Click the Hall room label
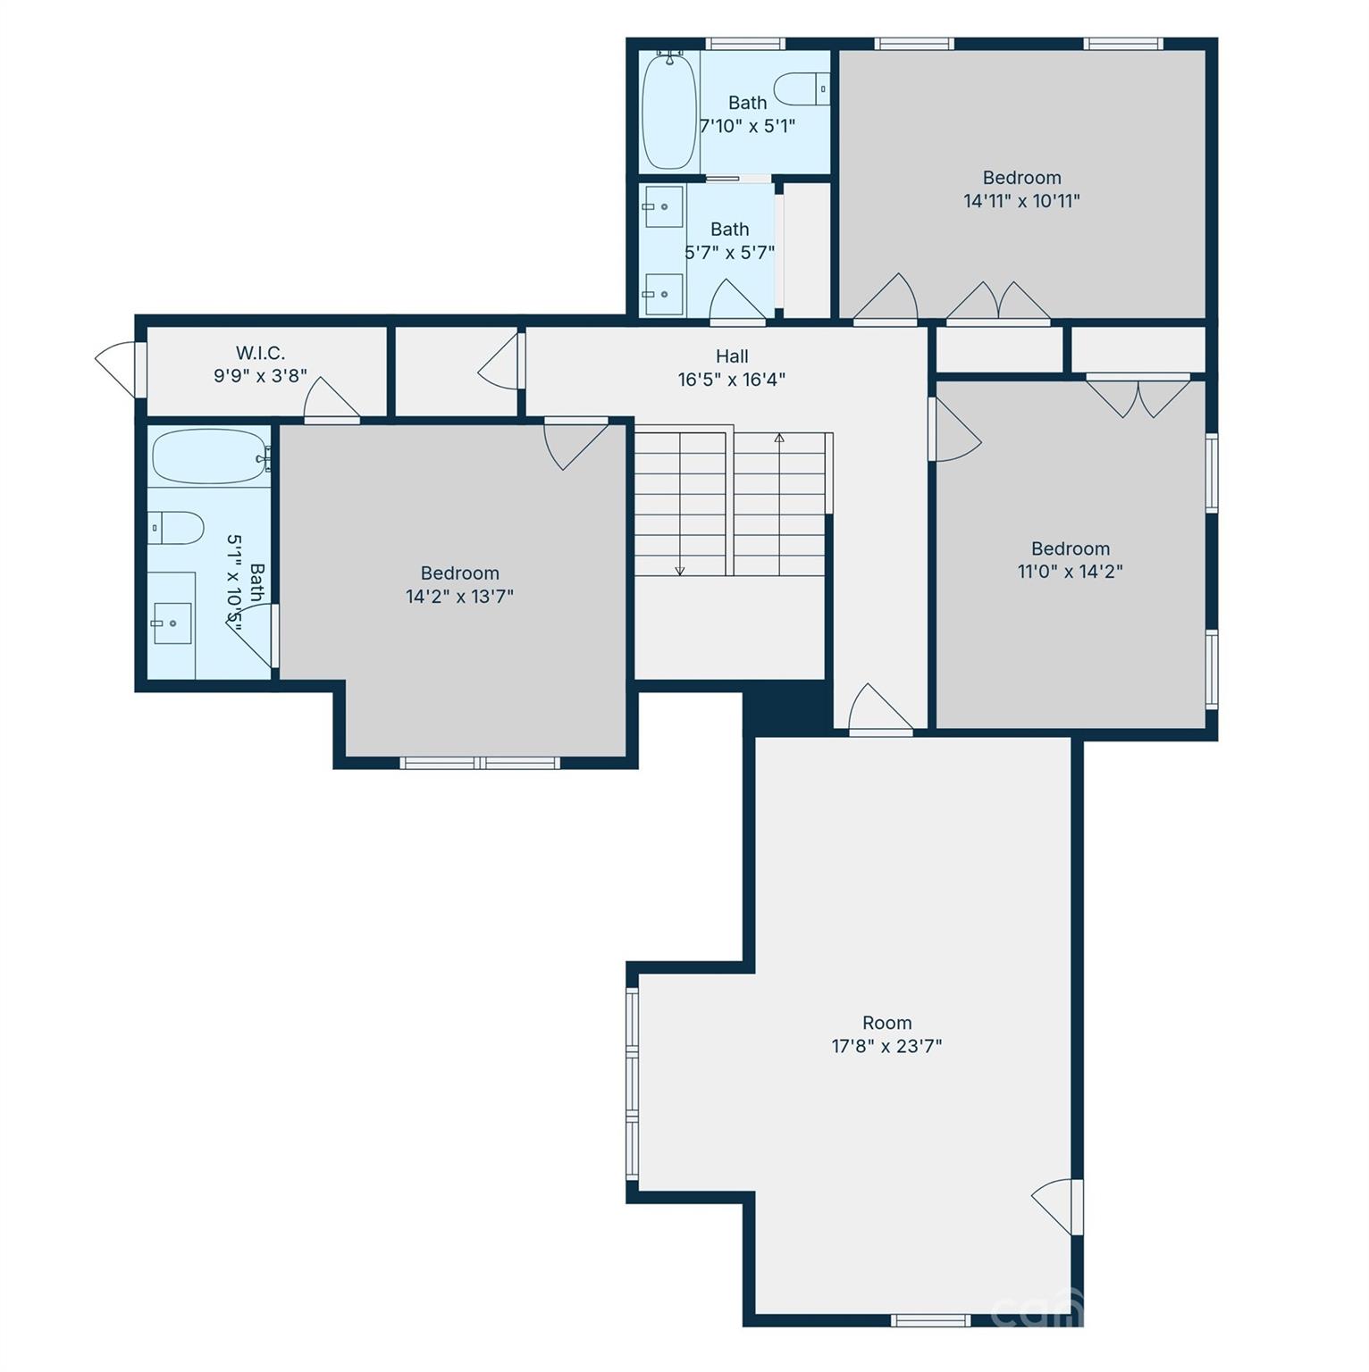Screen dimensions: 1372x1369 coord(731,356)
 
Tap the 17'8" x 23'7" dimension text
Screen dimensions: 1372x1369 coord(886,1046)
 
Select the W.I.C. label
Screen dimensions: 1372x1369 coord(260,353)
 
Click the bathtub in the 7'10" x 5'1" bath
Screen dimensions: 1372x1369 coord(668,110)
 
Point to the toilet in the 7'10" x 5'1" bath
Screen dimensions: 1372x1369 coord(802,88)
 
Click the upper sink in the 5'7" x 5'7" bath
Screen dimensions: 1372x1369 coord(663,207)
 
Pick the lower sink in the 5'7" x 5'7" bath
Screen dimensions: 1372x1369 coord(663,294)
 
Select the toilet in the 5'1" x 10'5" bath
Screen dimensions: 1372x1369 coord(175,528)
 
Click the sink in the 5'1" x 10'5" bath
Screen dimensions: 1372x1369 coord(172,623)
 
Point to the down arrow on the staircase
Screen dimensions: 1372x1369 coord(679,569)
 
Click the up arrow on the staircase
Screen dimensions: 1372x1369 coord(779,438)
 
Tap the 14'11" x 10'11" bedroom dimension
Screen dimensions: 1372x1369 coord(1021,201)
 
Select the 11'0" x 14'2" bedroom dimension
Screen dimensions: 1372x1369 coord(1070,572)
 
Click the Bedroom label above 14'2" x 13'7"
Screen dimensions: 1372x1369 coord(459,573)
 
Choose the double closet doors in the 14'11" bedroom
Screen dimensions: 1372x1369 coord(997,302)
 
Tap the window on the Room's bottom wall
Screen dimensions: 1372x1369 coord(930,1320)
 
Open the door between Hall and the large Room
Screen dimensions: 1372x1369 coord(879,710)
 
